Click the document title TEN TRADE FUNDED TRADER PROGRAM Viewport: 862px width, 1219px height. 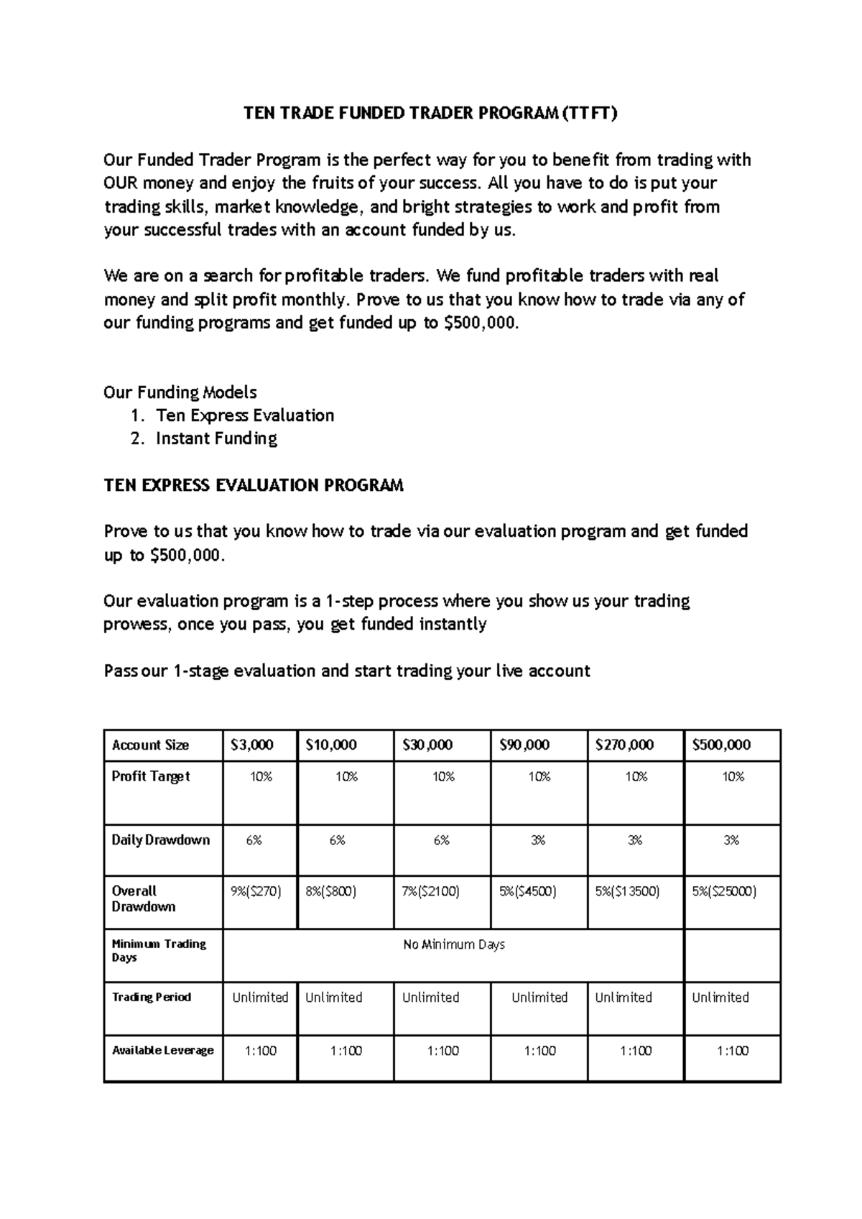tap(430, 114)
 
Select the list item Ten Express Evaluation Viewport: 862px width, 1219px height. tap(245, 415)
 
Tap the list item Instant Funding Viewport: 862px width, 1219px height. tap(216, 438)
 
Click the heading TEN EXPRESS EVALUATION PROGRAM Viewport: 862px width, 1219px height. tap(254, 485)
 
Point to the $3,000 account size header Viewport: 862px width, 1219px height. tap(251, 745)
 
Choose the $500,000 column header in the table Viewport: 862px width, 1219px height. tap(721, 745)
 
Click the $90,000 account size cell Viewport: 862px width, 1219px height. tap(524, 745)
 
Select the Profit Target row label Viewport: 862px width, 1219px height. tap(151, 776)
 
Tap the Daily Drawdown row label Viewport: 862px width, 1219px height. tap(160, 839)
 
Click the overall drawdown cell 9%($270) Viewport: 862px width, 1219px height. tap(256, 891)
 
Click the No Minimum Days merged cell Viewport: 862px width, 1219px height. tap(454, 944)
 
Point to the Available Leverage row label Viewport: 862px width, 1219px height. tap(163, 1050)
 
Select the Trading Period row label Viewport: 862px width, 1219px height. tap(152, 997)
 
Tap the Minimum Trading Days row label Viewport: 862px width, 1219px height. tap(159, 950)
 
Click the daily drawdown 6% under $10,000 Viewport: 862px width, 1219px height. tap(338, 839)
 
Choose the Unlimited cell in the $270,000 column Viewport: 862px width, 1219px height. tap(624, 998)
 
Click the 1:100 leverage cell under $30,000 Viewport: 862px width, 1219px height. tap(442, 1051)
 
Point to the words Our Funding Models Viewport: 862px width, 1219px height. tap(180, 392)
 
